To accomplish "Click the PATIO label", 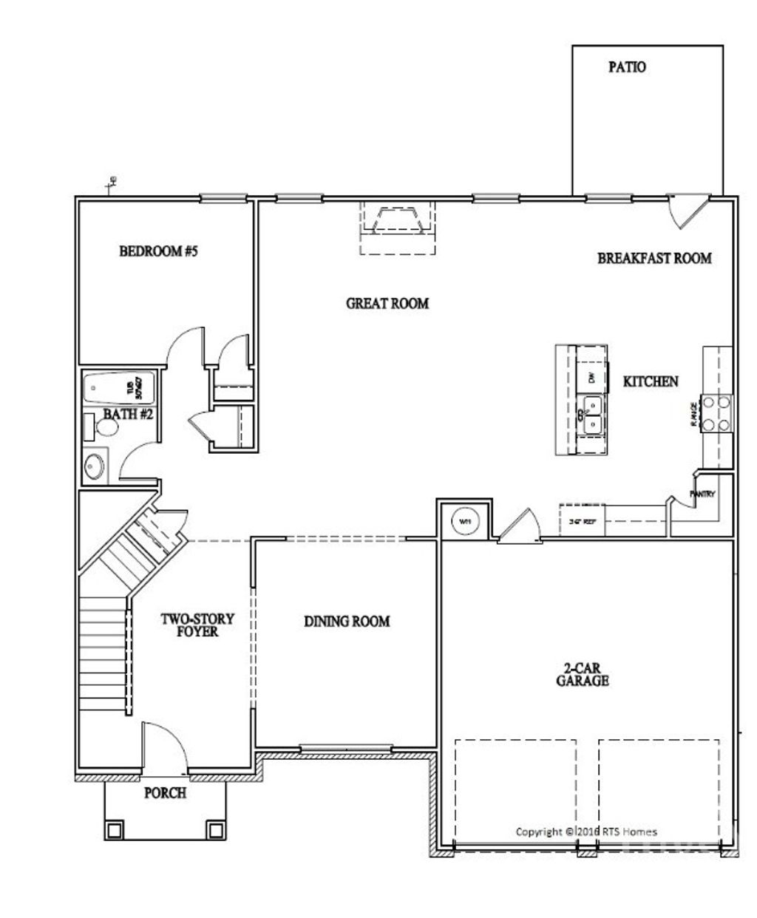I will tap(627, 67).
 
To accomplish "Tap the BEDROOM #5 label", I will tap(159, 251).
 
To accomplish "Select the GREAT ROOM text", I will tap(387, 303).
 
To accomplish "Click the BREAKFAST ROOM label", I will tap(654, 258).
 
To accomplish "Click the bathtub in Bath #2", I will tap(119, 386).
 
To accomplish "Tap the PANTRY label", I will tap(702, 494).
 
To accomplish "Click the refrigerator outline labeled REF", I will tap(583, 520).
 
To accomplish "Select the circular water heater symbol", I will tap(465, 521).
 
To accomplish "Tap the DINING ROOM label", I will tap(347, 622).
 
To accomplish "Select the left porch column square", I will tap(114, 829).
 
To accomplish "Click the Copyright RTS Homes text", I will tap(585, 832).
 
